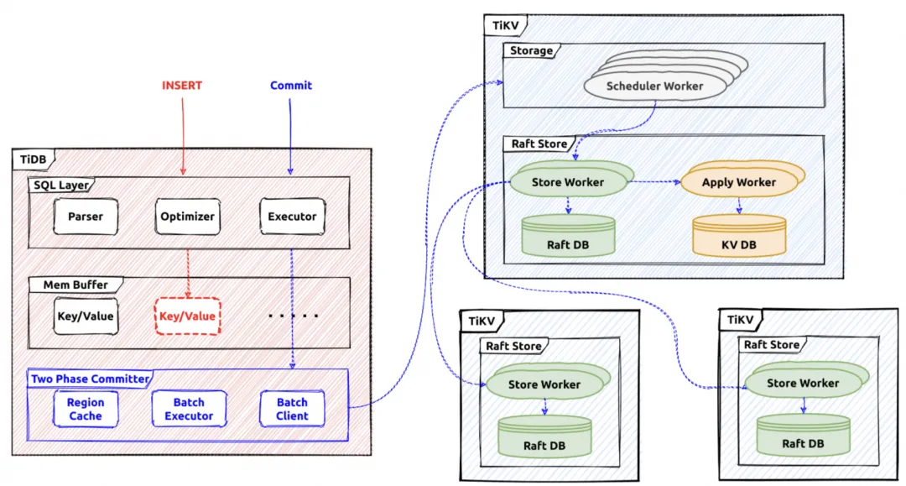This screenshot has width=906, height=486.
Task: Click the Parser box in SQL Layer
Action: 86,217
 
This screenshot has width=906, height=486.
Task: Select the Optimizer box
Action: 187,217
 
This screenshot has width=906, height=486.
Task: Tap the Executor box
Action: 292,217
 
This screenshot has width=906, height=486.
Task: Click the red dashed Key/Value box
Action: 187,316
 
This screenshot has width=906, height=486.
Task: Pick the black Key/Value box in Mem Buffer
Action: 86,316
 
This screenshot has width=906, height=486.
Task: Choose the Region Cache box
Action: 86,410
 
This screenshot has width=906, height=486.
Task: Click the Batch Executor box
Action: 189,410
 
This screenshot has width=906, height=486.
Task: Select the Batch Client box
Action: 292,410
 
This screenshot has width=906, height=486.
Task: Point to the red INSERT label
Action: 182,86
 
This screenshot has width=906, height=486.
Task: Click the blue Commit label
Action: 291,86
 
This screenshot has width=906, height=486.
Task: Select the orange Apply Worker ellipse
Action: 740,182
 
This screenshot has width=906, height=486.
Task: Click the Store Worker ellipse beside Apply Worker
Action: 568,182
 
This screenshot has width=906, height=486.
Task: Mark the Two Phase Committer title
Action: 90,379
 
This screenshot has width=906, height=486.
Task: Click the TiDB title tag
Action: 34,159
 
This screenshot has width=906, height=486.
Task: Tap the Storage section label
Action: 532,51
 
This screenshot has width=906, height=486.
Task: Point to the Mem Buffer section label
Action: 75,285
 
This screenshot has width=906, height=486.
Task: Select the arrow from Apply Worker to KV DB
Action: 739,205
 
